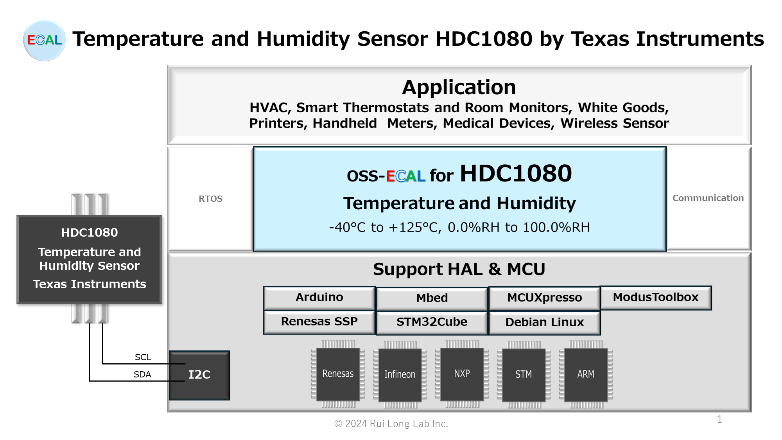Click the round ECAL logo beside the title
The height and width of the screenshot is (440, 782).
[x=44, y=40]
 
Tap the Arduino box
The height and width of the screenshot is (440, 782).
[x=319, y=298]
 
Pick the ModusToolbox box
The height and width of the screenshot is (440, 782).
[x=656, y=298]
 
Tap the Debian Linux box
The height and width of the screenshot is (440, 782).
[x=545, y=323]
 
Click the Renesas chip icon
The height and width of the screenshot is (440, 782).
[x=338, y=374]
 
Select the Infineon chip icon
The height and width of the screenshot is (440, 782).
[x=400, y=375]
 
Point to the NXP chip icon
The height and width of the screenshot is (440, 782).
[x=462, y=374]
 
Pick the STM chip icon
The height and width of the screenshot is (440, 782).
[x=524, y=375]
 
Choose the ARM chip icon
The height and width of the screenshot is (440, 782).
[x=586, y=375]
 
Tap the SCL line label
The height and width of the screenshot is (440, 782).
[x=143, y=357]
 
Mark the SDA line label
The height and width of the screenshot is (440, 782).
[x=142, y=374]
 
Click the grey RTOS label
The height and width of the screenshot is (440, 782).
[x=210, y=199]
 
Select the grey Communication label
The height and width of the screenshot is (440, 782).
[x=708, y=198]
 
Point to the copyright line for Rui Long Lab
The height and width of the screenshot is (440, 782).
[x=391, y=424]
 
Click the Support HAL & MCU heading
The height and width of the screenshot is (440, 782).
[x=459, y=269]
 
